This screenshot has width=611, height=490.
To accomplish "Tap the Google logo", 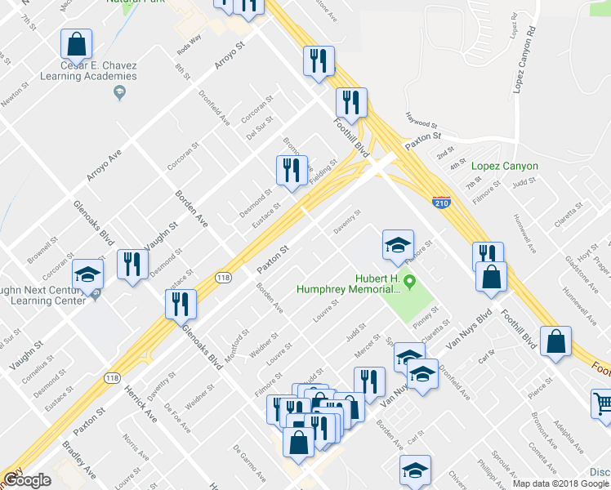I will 27,480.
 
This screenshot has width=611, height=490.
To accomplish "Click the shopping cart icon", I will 602,403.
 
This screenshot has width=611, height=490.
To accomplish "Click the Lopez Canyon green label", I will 505,166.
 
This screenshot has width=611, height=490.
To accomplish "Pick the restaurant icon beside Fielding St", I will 292,170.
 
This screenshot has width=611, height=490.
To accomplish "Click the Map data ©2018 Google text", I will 561,483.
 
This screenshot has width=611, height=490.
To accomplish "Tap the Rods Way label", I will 189,42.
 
